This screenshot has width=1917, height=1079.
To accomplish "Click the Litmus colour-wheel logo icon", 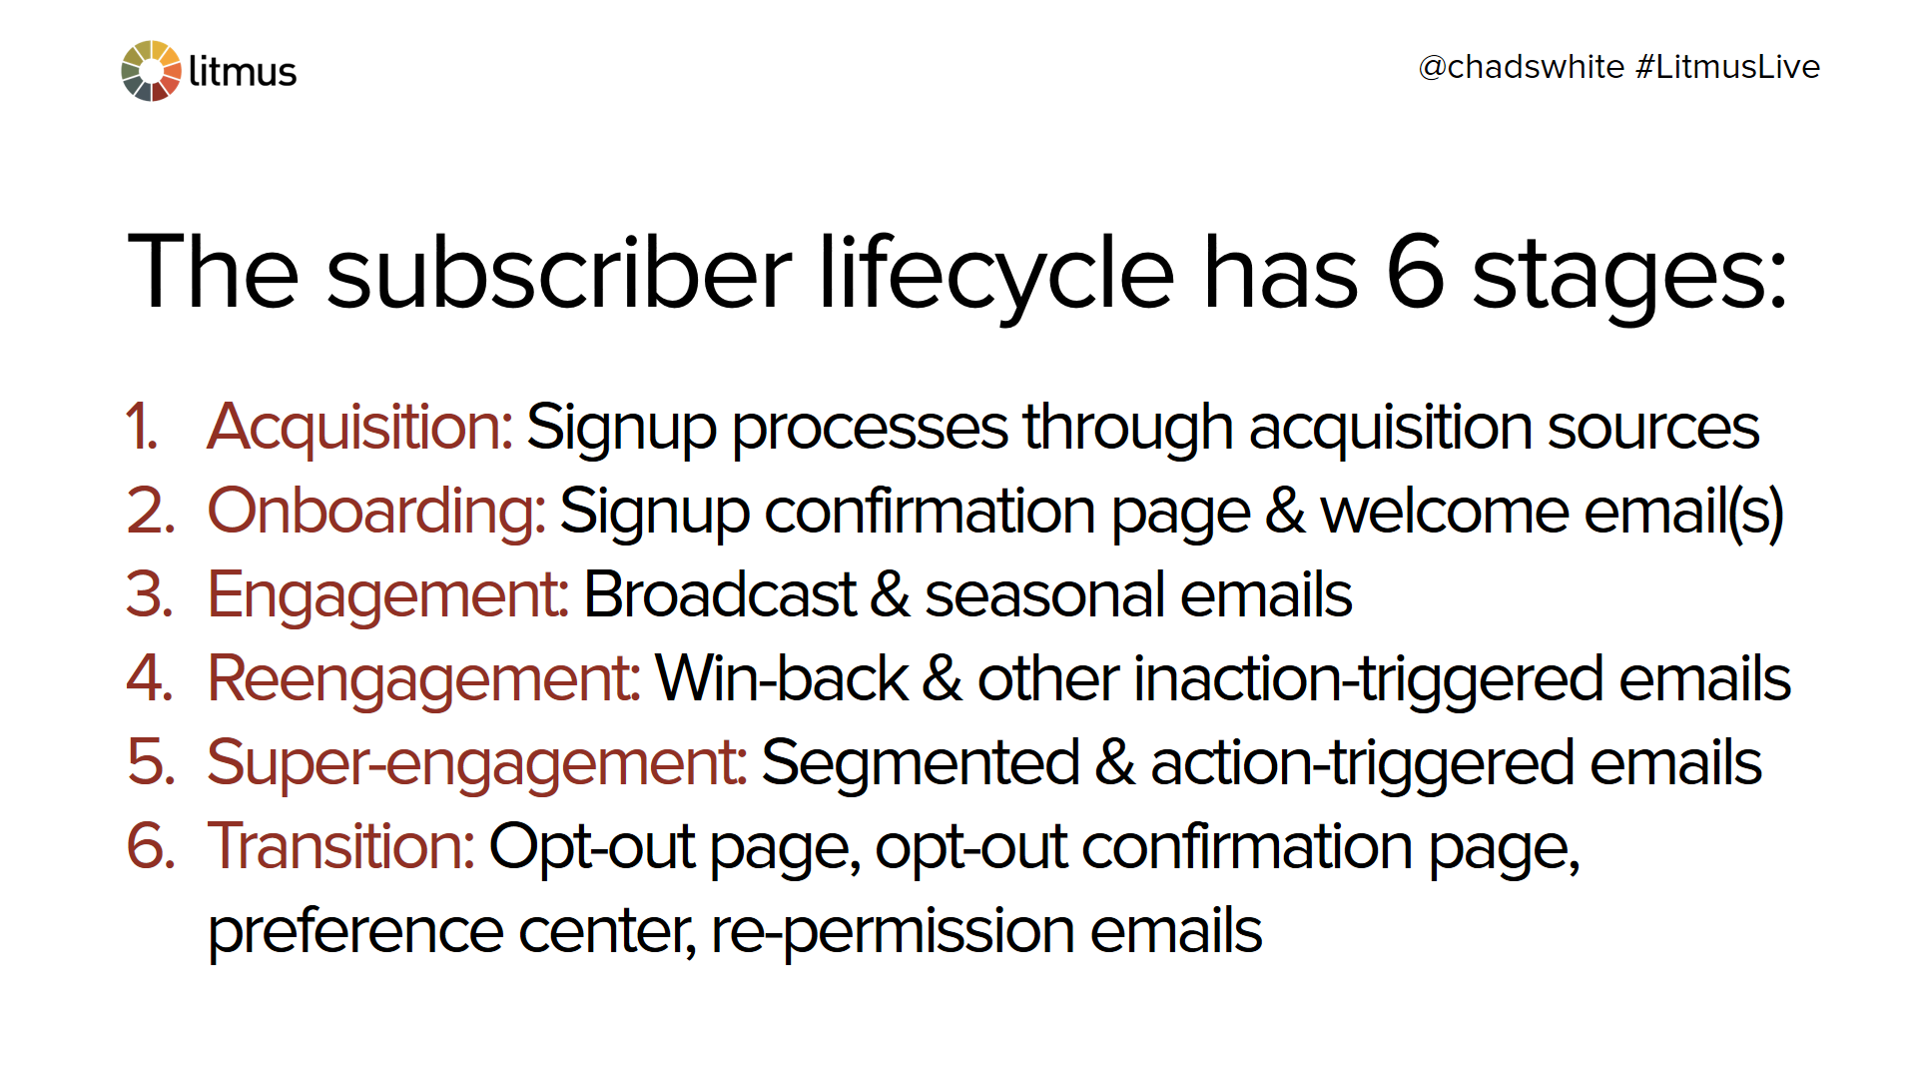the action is tap(151, 71).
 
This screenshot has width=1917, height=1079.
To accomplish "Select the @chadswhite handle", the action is tap(1521, 67).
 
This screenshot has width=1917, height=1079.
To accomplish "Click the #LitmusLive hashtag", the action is tap(1728, 67).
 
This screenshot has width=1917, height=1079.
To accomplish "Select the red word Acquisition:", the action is tap(359, 428).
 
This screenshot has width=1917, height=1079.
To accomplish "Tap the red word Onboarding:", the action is tap(376, 512).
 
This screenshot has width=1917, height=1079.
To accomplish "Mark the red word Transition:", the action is tap(340, 846).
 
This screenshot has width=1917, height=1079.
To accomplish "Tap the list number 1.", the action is tap(142, 427).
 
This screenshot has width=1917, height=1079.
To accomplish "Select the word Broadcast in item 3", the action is tap(720, 594).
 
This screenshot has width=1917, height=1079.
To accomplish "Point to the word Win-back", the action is tap(782, 678).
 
